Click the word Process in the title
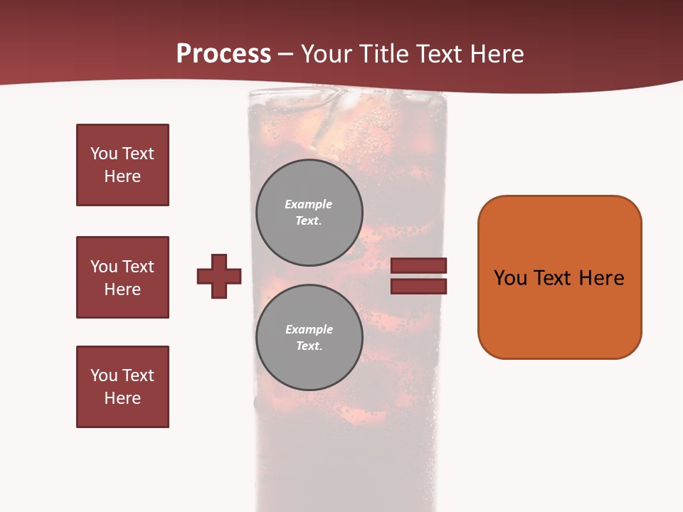(x=223, y=54)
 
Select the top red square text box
(x=122, y=165)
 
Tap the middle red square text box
(x=122, y=277)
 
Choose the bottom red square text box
(x=122, y=387)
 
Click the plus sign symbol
(x=219, y=276)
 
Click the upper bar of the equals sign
(x=418, y=265)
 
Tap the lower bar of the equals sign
(x=418, y=286)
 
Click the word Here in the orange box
(x=601, y=278)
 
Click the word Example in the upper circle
(x=308, y=204)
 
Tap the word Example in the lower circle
(x=309, y=329)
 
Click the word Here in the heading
(x=497, y=54)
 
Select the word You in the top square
(x=103, y=154)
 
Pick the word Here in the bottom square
(x=122, y=398)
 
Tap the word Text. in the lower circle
(x=309, y=346)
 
